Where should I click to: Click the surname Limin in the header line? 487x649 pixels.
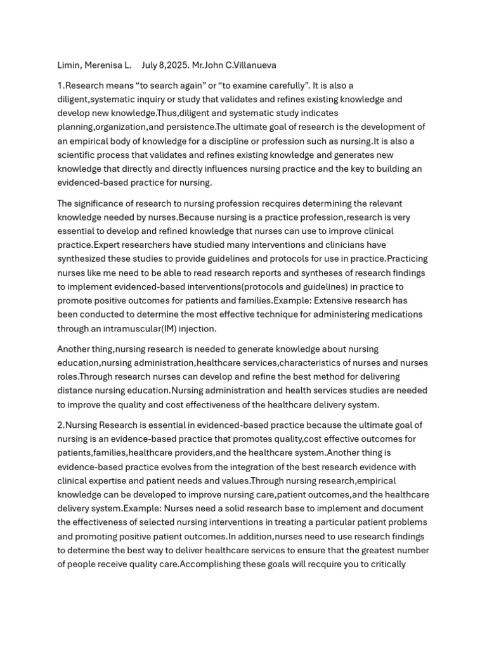click(68, 65)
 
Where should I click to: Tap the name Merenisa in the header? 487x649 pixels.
click(102, 65)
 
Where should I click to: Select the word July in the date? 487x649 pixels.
click(150, 65)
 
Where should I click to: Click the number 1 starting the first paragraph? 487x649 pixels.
click(60, 86)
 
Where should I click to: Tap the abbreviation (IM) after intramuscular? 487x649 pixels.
click(161, 329)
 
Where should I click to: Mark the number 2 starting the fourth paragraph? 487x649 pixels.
click(60, 425)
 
